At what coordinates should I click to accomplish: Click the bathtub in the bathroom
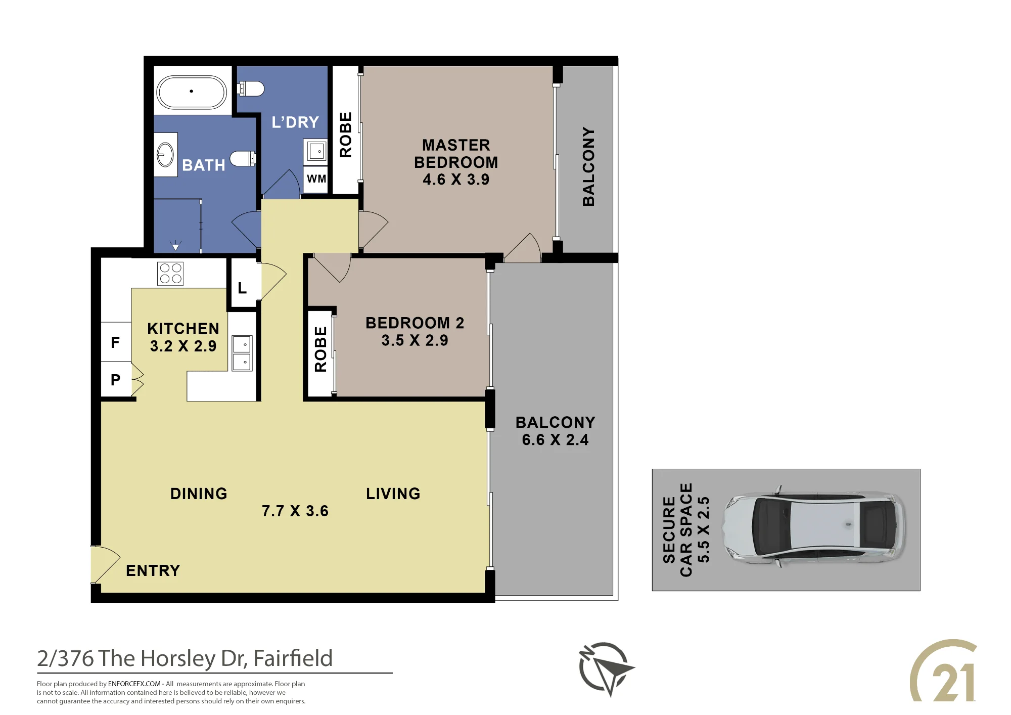(191, 92)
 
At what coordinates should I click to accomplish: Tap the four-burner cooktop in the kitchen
(170, 274)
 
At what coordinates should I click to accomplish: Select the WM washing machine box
(316, 178)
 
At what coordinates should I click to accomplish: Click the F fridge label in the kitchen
(115, 342)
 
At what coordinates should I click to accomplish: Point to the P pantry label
(115, 380)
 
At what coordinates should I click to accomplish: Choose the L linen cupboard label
(242, 288)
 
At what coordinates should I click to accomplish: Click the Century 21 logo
(943, 671)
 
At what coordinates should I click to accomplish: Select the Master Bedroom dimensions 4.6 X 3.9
(456, 180)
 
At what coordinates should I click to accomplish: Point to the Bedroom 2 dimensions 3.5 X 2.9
(415, 340)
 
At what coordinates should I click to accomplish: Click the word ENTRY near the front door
(153, 570)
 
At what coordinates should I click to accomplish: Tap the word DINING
(199, 494)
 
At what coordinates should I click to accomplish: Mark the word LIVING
(393, 494)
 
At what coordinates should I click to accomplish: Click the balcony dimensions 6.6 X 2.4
(555, 440)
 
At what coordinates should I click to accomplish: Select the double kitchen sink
(242, 353)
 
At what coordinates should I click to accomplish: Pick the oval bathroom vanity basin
(165, 154)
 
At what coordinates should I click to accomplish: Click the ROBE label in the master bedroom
(346, 135)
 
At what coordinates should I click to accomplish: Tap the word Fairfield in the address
(293, 658)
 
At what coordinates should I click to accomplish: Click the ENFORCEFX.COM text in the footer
(134, 684)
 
